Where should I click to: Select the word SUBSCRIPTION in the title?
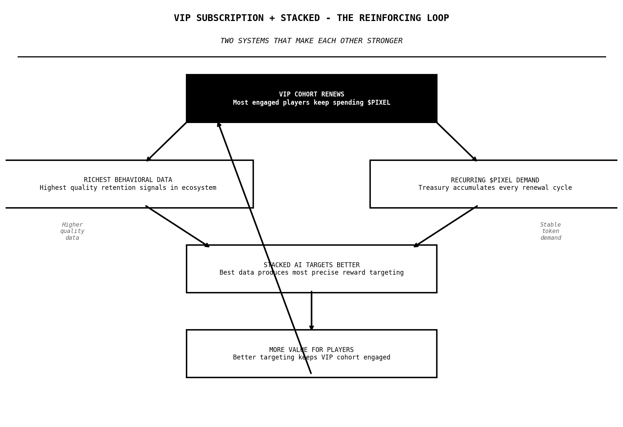(x=230, y=18)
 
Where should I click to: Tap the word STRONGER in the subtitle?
(x=385, y=41)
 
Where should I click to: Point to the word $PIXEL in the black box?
(x=379, y=103)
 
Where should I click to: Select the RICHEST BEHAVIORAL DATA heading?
(x=128, y=180)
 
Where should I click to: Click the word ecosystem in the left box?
(x=200, y=188)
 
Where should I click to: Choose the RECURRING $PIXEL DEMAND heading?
(x=495, y=180)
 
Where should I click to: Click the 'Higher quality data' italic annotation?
(x=72, y=231)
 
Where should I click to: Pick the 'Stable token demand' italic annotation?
(x=550, y=231)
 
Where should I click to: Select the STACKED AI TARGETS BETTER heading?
(x=311, y=265)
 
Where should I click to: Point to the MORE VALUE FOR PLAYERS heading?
(x=311, y=350)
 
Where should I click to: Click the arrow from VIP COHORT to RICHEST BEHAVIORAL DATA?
(x=166, y=141)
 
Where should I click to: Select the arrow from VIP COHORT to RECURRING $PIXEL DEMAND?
(x=457, y=141)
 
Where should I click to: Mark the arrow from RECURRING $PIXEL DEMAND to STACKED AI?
(x=446, y=226)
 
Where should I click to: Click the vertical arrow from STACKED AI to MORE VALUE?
(x=311, y=311)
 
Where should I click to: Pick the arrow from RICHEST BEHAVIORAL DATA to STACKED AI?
(x=177, y=226)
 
